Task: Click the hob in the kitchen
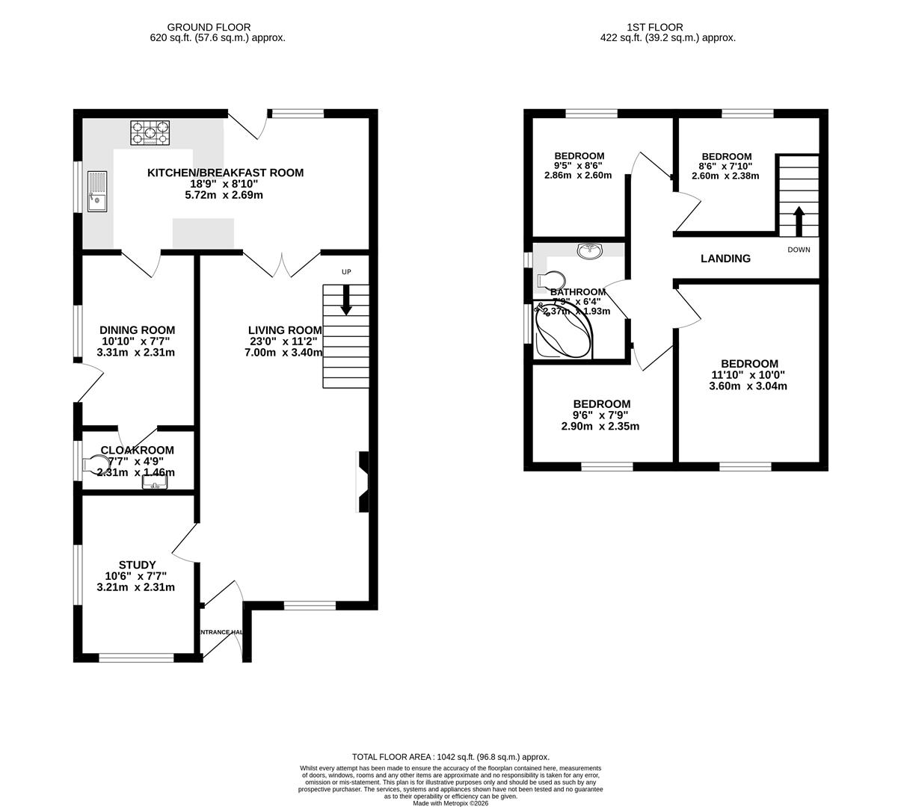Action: tap(152, 133)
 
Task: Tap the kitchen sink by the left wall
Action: tap(96, 191)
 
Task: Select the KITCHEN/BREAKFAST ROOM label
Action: tap(225, 173)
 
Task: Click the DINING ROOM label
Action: tap(138, 330)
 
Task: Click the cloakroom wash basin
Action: tap(155, 483)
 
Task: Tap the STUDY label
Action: tap(138, 565)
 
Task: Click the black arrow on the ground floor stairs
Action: tap(346, 300)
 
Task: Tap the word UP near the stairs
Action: tap(346, 272)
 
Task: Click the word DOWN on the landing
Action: tap(798, 250)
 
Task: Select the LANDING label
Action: tap(725, 259)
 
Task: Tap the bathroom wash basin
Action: tap(591, 250)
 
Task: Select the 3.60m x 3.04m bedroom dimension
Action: tap(748, 386)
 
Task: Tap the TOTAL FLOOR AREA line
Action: tap(450, 757)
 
